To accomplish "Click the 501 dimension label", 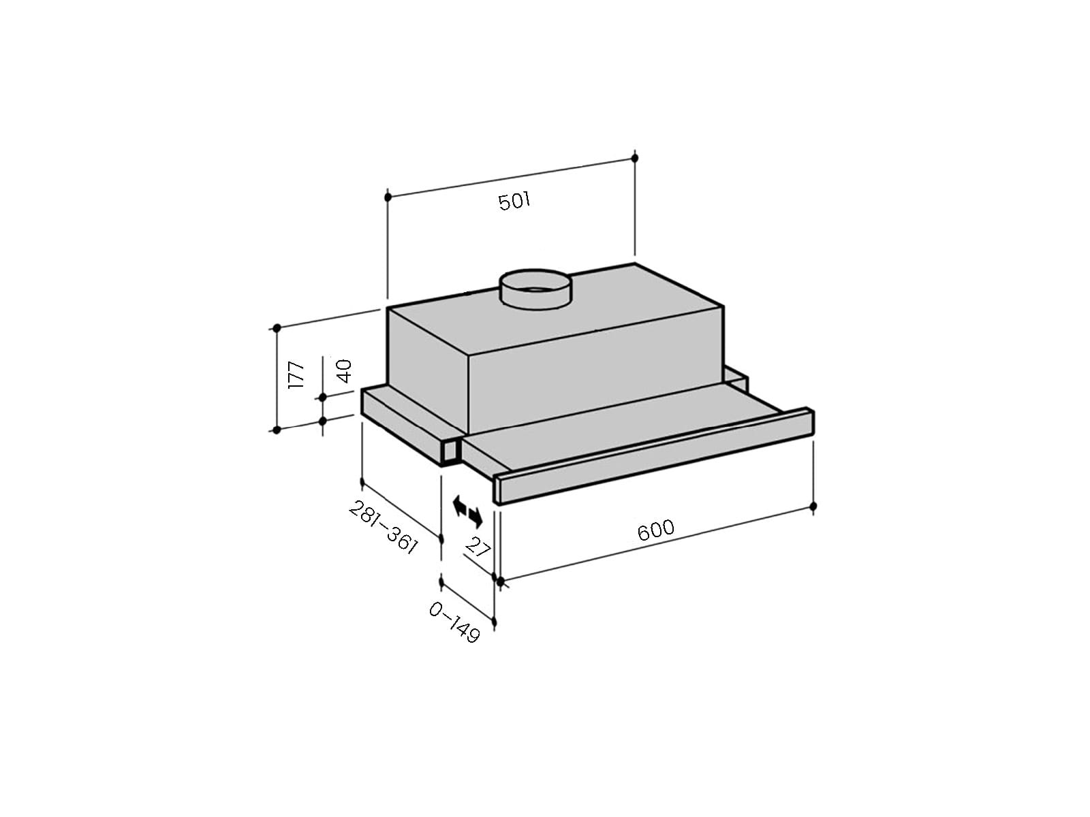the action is [x=514, y=202].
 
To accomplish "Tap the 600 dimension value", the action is [x=655, y=530].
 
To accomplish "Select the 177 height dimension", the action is [x=296, y=375].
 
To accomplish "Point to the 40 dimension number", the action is [x=343, y=371].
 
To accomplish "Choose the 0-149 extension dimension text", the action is [x=454, y=622].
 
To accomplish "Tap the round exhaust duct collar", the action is [x=536, y=289].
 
